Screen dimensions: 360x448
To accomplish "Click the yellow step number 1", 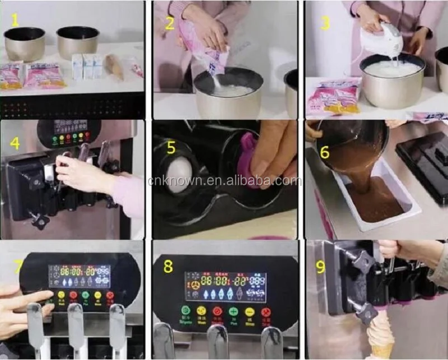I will point(15,21).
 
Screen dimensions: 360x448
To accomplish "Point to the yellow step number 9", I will point(320,267).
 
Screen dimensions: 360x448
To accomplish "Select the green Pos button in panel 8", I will point(234,311).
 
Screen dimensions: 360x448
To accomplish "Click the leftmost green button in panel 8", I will point(185,311).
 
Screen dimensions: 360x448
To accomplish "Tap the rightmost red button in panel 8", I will point(266,311).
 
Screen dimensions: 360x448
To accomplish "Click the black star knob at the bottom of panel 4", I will point(40,221).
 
